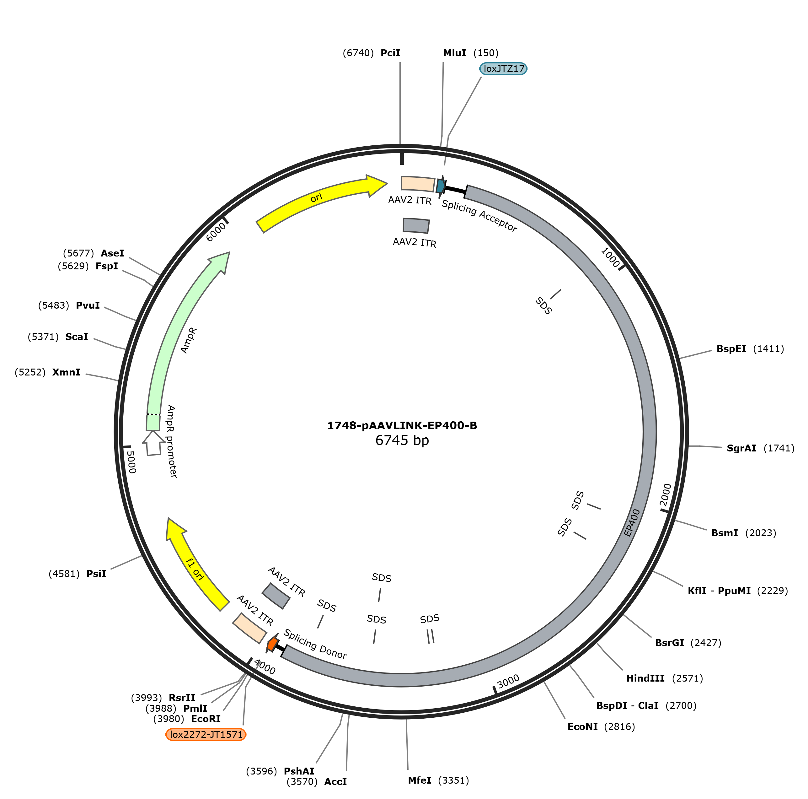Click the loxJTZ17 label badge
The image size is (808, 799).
(503, 69)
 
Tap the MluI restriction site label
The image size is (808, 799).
(455, 53)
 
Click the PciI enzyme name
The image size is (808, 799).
(390, 53)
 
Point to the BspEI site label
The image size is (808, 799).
(731, 349)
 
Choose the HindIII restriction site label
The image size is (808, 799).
(645, 678)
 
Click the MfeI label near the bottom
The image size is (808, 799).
(420, 780)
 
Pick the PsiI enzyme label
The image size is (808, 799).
(96, 574)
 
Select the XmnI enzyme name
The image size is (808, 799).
(66, 372)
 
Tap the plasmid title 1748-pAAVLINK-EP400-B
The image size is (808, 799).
(402, 426)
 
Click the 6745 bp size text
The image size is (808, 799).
(402, 440)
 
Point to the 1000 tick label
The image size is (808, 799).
(610, 257)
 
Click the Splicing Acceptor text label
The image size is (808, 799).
(480, 216)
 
